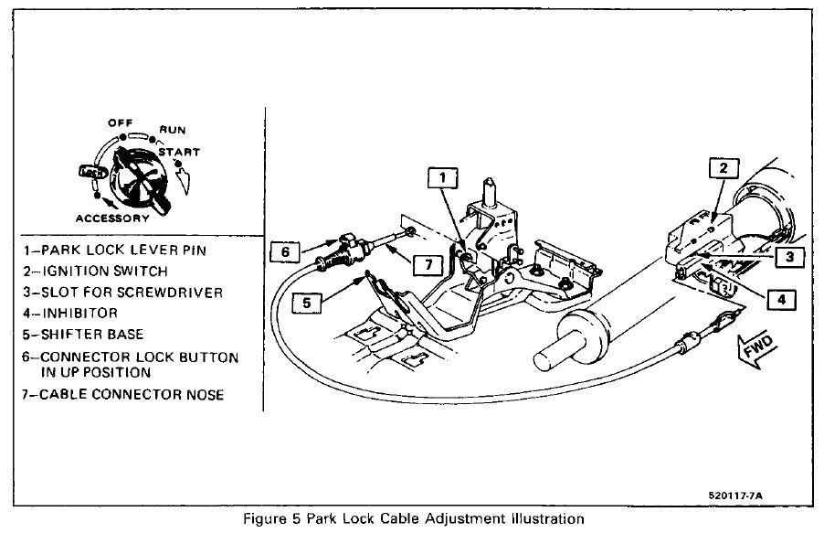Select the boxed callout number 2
click(x=723, y=169)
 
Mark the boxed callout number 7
click(x=427, y=263)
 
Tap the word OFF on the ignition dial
click(x=120, y=122)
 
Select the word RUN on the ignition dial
click(x=173, y=130)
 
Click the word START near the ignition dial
click(x=184, y=152)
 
